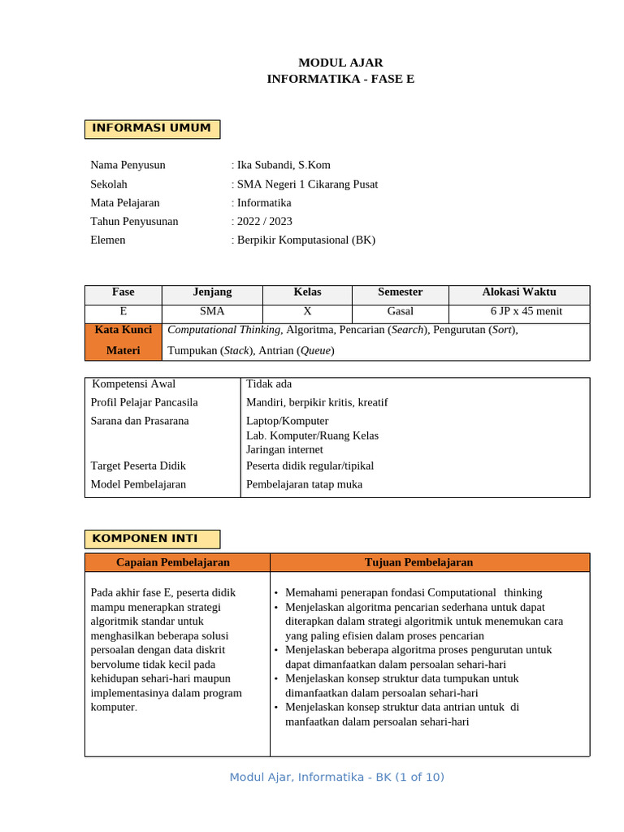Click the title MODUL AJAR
340,63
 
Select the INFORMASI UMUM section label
152,128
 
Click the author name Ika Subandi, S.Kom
282,165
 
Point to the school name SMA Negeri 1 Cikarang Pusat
305,184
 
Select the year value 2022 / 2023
263,221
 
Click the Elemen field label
108,240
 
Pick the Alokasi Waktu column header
519,292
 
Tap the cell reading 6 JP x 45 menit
526,311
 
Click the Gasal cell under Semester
400,311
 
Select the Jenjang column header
212,292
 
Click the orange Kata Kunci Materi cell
123,340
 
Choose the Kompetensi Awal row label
133,384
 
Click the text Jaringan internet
284,449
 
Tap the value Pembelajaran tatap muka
304,484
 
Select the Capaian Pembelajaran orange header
173,562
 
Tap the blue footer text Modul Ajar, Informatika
336,778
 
